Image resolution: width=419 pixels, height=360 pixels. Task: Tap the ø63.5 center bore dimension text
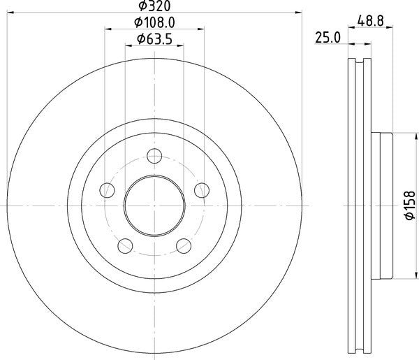[x=156, y=38]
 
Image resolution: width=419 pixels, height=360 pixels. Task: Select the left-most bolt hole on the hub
[x=107, y=189]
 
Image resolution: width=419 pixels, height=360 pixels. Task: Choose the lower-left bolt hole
[x=126, y=245]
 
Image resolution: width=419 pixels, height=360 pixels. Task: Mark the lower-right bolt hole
[x=184, y=245]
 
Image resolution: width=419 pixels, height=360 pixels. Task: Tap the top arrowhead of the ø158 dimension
[x=395, y=135]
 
